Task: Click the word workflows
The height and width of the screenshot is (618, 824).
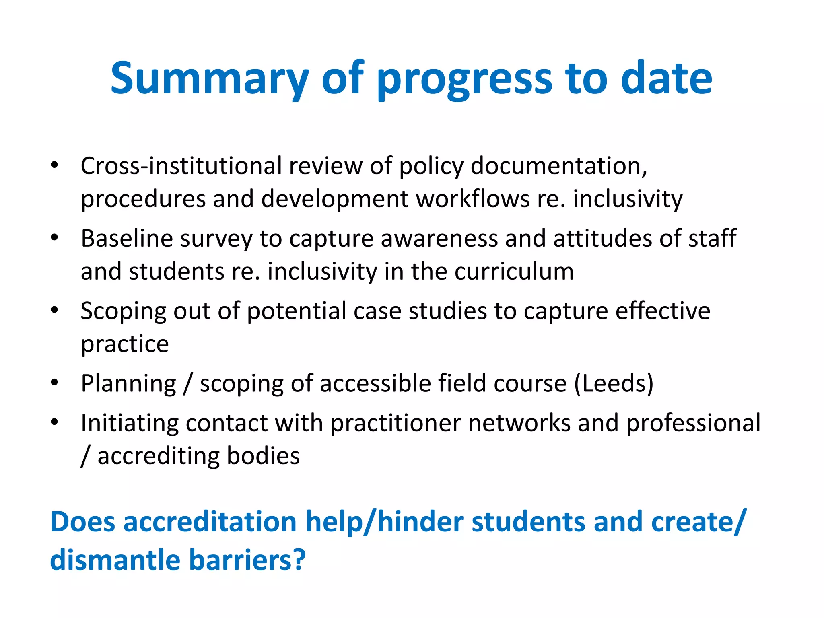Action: pyautogui.click(x=472, y=199)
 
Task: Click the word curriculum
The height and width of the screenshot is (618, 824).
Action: pyautogui.click(x=514, y=271)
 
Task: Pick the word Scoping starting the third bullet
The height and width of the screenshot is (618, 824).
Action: pyautogui.click(x=123, y=311)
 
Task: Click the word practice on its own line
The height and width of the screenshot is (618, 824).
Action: pyautogui.click(x=125, y=344)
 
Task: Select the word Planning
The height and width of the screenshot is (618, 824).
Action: pyautogui.click(x=128, y=383)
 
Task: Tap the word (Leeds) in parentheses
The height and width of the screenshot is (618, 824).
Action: pyautogui.click(x=613, y=383)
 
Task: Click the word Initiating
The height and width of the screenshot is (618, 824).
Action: pyautogui.click(x=129, y=423)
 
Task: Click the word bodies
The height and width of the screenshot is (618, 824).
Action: pyautogui.click(x=263, y=456)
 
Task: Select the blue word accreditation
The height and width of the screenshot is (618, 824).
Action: pyautogui.click(x=210, y=522)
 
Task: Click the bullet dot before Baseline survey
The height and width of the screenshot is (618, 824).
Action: pyautogui.click(x=55, y=237)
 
